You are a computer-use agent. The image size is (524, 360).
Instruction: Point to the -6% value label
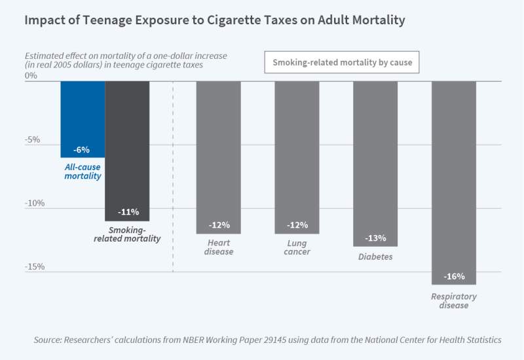[83, 150]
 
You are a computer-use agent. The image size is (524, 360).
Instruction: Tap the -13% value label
[376, 238]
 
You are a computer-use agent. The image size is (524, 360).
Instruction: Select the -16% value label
[454, 276]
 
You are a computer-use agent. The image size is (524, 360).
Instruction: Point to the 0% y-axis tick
[31, 76]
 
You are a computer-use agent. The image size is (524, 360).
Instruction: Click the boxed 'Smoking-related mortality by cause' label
[342, 63]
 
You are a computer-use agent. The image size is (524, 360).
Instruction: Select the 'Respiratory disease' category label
[453, 301]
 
